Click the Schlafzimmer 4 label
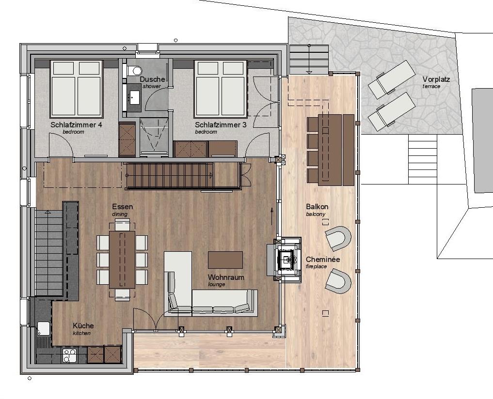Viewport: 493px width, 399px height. point(76,125)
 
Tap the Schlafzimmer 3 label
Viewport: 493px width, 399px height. point(221,125)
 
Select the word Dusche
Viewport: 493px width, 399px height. point(153,79)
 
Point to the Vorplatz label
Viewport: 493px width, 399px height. point(436,79)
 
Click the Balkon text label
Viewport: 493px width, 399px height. point(317,207)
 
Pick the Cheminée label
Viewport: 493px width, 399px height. point(323,260)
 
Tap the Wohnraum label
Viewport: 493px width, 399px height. point(226,277)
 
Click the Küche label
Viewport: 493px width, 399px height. point(83,326)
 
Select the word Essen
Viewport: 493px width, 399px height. point(122,207)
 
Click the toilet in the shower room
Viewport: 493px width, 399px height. point(136,71)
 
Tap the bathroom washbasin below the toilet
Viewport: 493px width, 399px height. point(135,97)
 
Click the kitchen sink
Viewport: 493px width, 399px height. point(44,328)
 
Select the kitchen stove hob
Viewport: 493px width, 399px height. point(69,355)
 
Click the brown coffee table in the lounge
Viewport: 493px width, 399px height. point(225,260)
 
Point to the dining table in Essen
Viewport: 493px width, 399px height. point(122,260)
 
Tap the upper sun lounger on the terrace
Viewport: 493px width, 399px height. point(392,79)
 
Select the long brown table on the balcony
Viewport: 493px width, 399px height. point(330,150)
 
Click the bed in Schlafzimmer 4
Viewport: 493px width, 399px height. point(77,89)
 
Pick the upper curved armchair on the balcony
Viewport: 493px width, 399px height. point(339,238)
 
